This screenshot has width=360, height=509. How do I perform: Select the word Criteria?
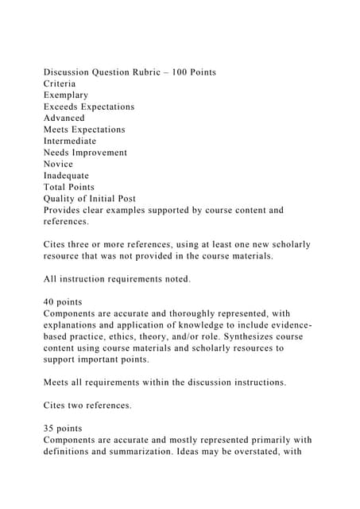pyautogui.click(x=62, y=84)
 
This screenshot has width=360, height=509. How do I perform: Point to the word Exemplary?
pyautogui.click(x=66, y=95)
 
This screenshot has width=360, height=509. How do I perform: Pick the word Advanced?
pyautogui.click(x=64, y=118)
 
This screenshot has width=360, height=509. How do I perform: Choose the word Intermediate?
pyautogui.click(x=70, y=141)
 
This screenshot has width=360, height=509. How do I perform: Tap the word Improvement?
pyautogui.click(x=101, y=153)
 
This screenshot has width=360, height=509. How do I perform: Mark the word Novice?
pyautogui.click(x=59, y=164)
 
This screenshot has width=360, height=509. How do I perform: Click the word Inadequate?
pyautogui.click(x=67, y=176)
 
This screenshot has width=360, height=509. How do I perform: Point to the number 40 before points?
pyautogui.click(x=50, y=302)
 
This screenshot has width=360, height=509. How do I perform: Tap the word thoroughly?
pyautogui.click(x=207, y=313)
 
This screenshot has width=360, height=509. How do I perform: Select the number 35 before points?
pyautogui.click(x=50, y=429)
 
